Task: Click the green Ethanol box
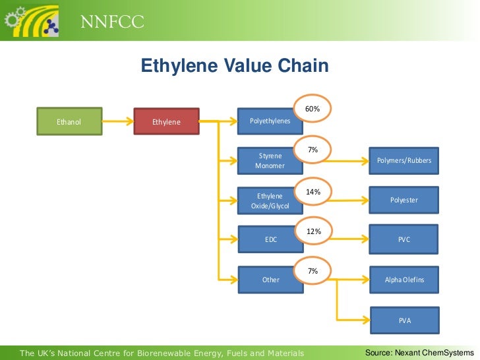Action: pos(69,122)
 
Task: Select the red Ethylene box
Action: pos(166,122)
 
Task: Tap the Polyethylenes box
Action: pos(270,122)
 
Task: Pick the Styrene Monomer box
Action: pos(270,161)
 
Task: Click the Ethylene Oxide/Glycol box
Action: pos(270,201)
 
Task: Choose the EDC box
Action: pos(270,240)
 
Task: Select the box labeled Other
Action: pos(270,280)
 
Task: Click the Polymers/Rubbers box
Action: pos(404,161)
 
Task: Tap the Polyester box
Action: pos(404,200)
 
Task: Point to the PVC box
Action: pos(404,240)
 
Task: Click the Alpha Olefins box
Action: pos(404,280)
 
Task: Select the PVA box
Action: pos(404,320)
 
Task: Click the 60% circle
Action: pos(313,108)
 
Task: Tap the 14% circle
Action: pos(313,192)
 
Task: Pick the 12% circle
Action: pos(313,231)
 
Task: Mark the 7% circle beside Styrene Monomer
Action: pos(313,150)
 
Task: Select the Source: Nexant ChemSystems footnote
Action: pos(419,353)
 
